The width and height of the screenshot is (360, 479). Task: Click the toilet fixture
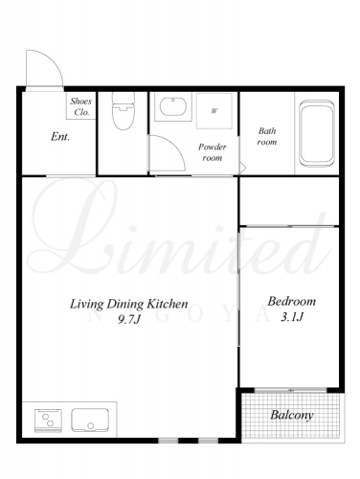(x=124, y=110)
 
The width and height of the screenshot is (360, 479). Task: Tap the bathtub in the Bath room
(x=317, y=133)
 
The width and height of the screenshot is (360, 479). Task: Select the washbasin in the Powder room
(x=173, y=106)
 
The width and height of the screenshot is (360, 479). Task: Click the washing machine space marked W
(x=214, y=111)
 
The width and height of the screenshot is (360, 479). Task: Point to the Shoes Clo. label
(x=81, y=106)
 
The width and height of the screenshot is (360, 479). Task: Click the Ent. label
(x=60, y=137)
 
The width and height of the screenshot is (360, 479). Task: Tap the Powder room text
(x=213, y=152)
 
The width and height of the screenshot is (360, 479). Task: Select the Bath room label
(x=267, y=136)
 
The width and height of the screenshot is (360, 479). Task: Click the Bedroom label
(x=292, y=301)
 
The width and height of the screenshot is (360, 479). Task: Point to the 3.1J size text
(x=292, y=317)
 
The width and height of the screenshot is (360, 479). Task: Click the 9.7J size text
(x=129, y=319)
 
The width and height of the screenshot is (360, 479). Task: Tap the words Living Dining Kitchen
(x=129, y=304)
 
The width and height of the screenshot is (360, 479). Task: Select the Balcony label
(x=292, y=415)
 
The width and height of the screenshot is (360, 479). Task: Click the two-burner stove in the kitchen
(x=48, y=421)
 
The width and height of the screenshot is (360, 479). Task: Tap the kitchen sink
(x=90, y=420)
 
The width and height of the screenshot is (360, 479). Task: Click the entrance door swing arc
(x=53, y=60)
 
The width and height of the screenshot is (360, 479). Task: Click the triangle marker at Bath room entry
(x=242, y=168)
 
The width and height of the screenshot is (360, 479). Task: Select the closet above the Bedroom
(x=289, y=201)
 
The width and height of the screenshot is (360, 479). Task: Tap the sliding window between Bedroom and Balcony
(x=291, y=390)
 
